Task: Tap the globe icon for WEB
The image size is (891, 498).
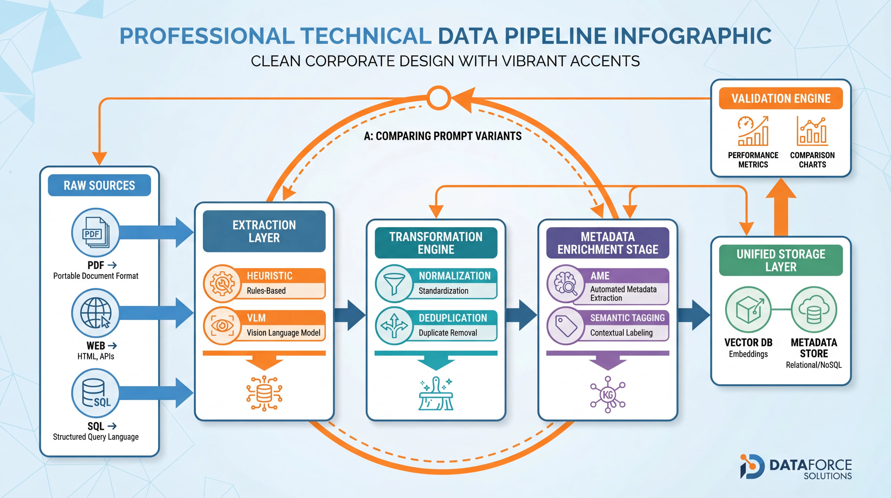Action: click(95, 313)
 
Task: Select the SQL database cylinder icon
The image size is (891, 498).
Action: click(95, 393)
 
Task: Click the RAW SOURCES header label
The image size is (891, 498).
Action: click(99, 185)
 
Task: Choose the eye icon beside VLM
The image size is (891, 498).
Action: click(222, 326)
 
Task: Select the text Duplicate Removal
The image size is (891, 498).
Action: click(448, 333)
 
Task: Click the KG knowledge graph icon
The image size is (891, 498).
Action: click(608, 394)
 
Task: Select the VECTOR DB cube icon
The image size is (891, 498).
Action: click(748, 309)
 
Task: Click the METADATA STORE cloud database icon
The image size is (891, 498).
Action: click(814, 309)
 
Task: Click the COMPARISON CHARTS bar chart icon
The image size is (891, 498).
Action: click(812, 131)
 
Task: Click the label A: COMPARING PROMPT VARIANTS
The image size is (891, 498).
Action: click(442, 136)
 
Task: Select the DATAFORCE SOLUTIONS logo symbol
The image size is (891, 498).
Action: click(751, 466)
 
